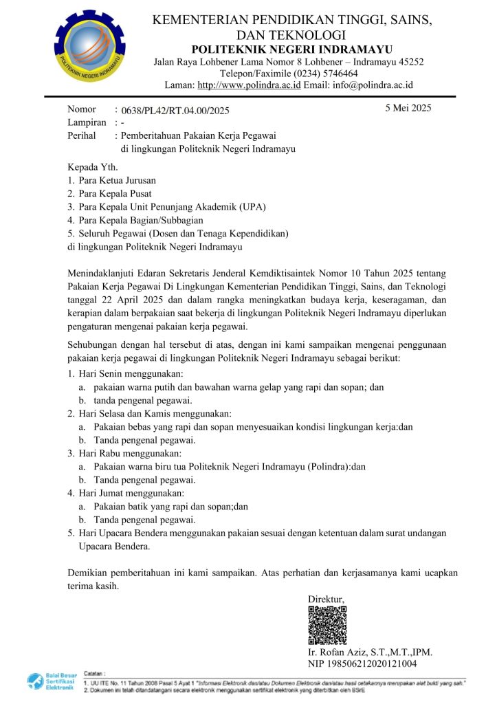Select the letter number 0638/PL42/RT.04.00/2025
175,111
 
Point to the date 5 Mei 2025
408,108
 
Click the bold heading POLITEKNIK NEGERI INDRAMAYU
292,48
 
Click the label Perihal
82,135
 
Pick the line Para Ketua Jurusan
117,180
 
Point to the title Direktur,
327,599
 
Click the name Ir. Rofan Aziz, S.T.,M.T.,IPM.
370,652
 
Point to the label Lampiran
87,122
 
